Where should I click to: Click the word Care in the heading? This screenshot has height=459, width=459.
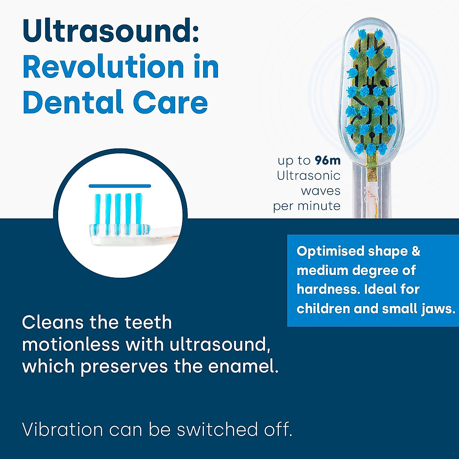(170, 103)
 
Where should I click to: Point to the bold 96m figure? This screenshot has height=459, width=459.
(327, 161)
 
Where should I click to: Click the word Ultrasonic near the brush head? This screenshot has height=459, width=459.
(308, 176)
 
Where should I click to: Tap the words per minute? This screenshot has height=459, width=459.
(307, 206)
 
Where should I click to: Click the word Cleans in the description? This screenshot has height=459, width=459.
(52, 322)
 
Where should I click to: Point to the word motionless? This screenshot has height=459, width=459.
(71, 345)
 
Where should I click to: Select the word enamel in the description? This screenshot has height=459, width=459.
(243, 366)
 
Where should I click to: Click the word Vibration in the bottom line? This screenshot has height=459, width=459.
(62, 430)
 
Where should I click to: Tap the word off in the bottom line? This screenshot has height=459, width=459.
(278, 430)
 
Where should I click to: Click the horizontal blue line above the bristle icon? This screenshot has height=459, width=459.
(120, 186)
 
